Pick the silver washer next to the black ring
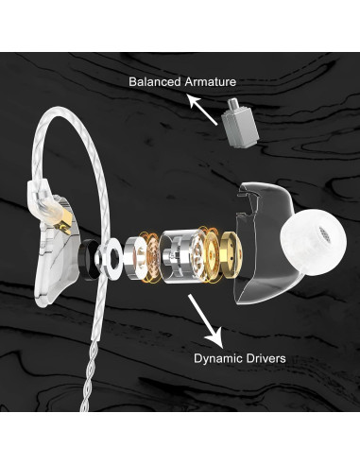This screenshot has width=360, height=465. click(111, 255)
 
